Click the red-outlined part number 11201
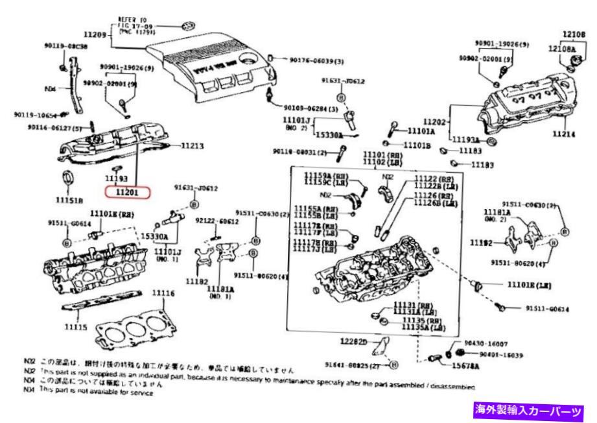coord(128,192)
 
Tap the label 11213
coord(193,147)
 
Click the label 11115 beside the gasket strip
coord(75,327)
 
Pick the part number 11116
coord(163,293)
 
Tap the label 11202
coord(436,121)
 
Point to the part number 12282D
coord(353,341)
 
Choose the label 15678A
coord(466,367)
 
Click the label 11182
coord(196,282)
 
